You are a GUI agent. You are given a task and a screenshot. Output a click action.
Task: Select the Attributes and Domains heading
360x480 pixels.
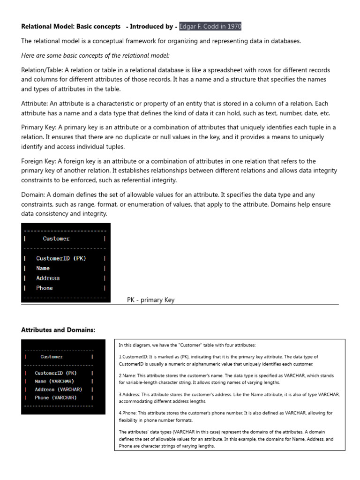[58, 330]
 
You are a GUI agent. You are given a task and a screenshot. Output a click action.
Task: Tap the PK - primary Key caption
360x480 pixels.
[150, 300]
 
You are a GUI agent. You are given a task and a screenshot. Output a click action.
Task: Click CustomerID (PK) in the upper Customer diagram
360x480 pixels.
[61, 258]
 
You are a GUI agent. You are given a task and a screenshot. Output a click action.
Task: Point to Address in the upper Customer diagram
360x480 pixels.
[48, 278]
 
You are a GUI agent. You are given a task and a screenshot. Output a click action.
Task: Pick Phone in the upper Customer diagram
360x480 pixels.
[45, 288]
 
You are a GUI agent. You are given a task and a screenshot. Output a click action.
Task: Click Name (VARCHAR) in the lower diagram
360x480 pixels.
[54, 381]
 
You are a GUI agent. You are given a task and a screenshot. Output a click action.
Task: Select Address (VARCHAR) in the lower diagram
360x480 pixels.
[58, 389]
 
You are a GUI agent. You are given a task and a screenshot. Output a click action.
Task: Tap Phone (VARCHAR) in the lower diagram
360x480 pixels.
[56, 397]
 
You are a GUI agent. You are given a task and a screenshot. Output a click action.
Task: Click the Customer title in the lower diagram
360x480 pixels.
[52, 357]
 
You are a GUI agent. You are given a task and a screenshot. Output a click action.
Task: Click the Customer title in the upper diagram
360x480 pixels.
[56, 239]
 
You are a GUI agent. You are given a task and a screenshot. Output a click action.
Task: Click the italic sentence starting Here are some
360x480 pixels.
[95, 55]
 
